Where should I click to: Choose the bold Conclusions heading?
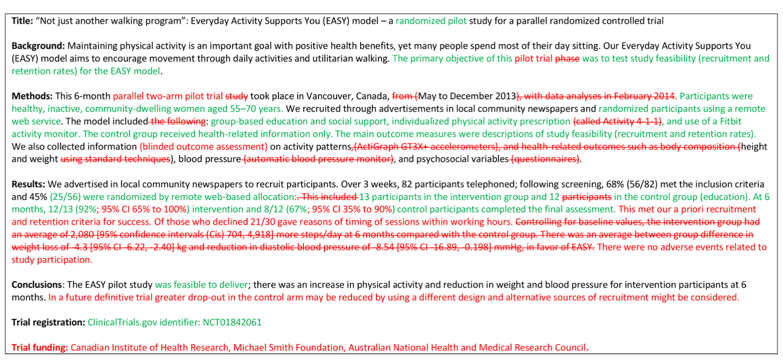(x=37, y=284)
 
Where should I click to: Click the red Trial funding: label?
(x=39, y=347)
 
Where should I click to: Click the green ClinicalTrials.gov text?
(x=124, y=322)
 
